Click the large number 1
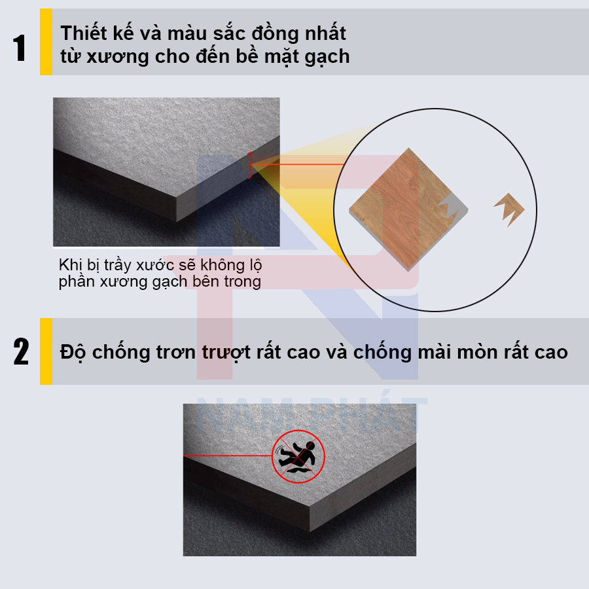[20, 48]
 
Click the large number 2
[21, 352]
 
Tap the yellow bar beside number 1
[46, 42]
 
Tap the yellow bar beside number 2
[46, 351]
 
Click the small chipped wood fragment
[509, 210]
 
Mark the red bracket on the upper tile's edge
[250, 165]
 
